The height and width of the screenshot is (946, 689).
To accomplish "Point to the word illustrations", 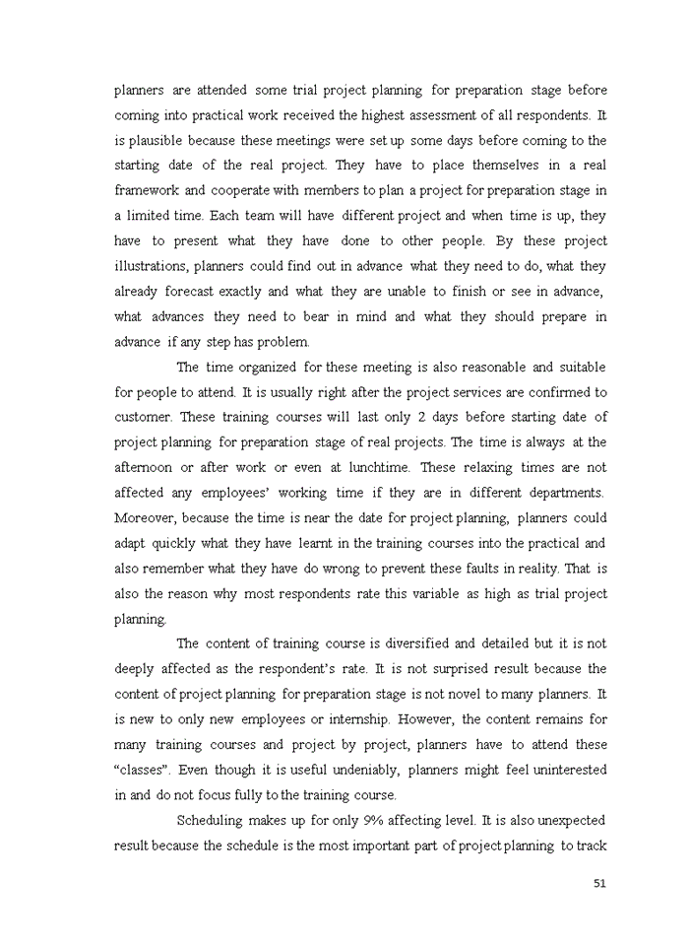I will (x=151, y=266).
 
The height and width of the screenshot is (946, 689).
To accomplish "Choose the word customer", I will (x=145, y=417).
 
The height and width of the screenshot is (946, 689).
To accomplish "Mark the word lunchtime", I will (x=377, y=467).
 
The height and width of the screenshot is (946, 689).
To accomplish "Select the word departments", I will (x=564, y=492).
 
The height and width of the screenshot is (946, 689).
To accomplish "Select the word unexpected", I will (x=568, y=820).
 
